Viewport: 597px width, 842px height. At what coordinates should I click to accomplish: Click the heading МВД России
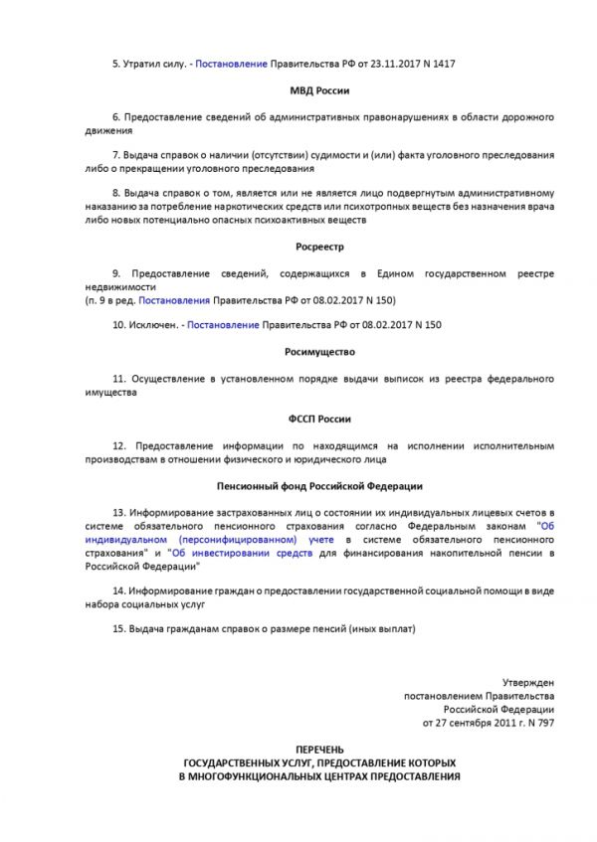(x=318, y=90)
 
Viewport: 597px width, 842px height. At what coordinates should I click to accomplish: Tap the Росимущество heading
(x=318, y=352)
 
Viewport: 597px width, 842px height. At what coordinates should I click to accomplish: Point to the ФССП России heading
(x=318, y=419)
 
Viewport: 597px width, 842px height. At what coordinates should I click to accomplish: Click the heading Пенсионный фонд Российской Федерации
(x=318, y=486)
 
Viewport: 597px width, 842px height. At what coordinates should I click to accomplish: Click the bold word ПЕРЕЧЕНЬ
(x=318, y=746)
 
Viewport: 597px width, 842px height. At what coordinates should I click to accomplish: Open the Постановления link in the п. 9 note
(x=174, y=299)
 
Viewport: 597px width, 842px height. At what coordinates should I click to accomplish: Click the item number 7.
(x=114, y=155)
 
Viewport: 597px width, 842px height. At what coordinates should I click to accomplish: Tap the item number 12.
(x=117, y=446)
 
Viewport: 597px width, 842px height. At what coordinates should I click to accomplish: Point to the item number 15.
(x=117, y=629)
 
